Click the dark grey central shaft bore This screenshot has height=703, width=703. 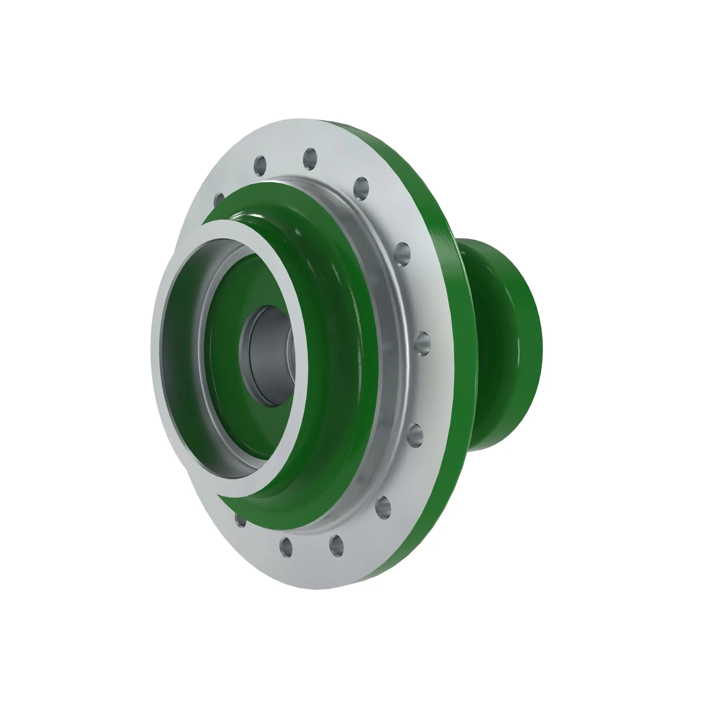pyautogui.click(x=267, y=356)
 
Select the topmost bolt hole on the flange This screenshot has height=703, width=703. pyautogui.click(x=310, y=159)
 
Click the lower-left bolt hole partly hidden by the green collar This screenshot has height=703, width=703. pyautogui.click(x=240, y=521)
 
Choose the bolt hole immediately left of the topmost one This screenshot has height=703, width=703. pyautogui.click(x=260, y=165)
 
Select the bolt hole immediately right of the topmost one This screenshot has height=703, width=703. pyautogui.click(x=361, y=188)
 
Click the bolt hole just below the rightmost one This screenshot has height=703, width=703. pyautogui.click(x=415, y=434)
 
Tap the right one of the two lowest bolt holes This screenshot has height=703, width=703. pyautogui.click(x=337, y=546)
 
